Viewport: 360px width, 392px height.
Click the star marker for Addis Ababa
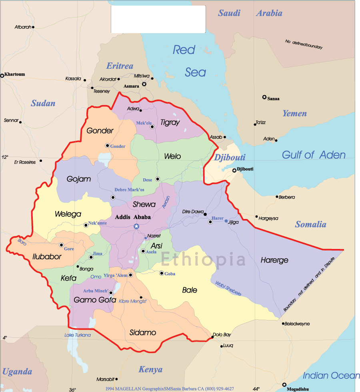(x=136, y=227)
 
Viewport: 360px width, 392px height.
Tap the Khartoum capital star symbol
(x=2, y=75)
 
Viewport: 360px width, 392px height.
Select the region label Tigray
(x=170, y=123)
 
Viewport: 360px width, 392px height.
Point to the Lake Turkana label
(x=78, y=335)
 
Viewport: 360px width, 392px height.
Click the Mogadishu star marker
(x=284, y=384)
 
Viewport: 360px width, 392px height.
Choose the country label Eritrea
(x=120, y=66)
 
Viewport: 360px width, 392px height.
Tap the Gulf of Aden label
(x=314, y=155)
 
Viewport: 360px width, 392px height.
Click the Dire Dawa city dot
(x=205, y=213)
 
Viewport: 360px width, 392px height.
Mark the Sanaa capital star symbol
(x=264, y=97)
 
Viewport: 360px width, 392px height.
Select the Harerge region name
(x=274, y=260)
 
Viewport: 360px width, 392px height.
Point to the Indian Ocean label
(x=331, y=376)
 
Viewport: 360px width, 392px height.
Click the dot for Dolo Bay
(x=212, y=337)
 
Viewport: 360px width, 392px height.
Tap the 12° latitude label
(x=5, y=157)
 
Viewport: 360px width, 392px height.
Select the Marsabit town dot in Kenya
(x=116, y=379)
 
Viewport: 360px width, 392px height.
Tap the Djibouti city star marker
(x=234, y=171)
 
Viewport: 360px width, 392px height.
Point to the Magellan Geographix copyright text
(x=170, y=389)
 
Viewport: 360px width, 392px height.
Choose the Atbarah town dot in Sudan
(x=33, y=27)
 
